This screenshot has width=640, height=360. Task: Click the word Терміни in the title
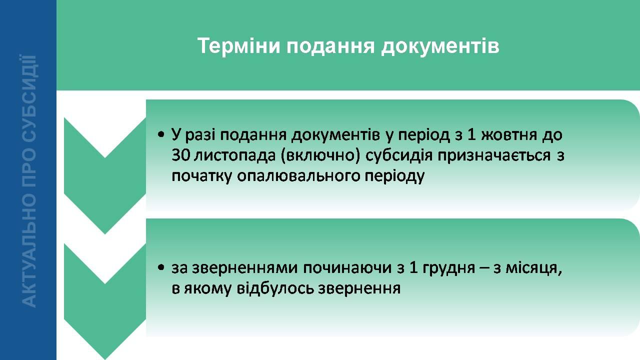[239, 45]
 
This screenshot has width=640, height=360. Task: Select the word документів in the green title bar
[440, 47]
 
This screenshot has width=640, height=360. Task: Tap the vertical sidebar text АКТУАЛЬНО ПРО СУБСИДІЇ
[28, 181]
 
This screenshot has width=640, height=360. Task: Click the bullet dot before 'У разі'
[161, 134]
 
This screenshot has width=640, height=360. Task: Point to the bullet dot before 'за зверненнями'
[161, 267]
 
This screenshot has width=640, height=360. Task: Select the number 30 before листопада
[181, 155]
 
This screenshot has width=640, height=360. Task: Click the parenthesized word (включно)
[320, 156]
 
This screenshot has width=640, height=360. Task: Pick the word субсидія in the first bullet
[399, 156]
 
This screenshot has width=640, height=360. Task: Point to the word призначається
[494, 156]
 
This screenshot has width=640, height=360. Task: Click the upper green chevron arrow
[105, 175]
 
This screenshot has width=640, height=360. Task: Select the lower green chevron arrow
[105, 301]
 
